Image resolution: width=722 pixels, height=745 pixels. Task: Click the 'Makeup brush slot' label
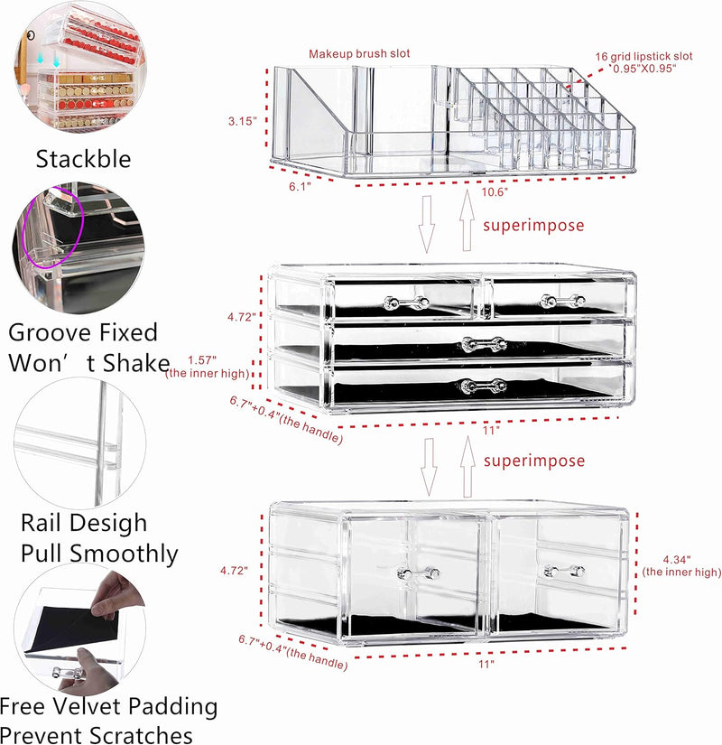(x=359, y=54)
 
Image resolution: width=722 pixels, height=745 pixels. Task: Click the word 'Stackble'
(x=83, y=160)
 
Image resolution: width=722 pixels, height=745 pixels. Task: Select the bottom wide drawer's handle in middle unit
(x=483, y=386)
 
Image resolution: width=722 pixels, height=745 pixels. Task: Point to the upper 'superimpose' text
(x=533, y=226)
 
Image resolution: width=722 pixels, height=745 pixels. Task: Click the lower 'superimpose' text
(x=533, y=461)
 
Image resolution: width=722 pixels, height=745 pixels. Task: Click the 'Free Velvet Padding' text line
(x=109, y=705)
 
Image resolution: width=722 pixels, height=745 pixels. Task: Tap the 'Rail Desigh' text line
(x=83, y=523)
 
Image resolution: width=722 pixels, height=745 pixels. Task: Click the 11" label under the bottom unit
(x=486, y=664)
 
